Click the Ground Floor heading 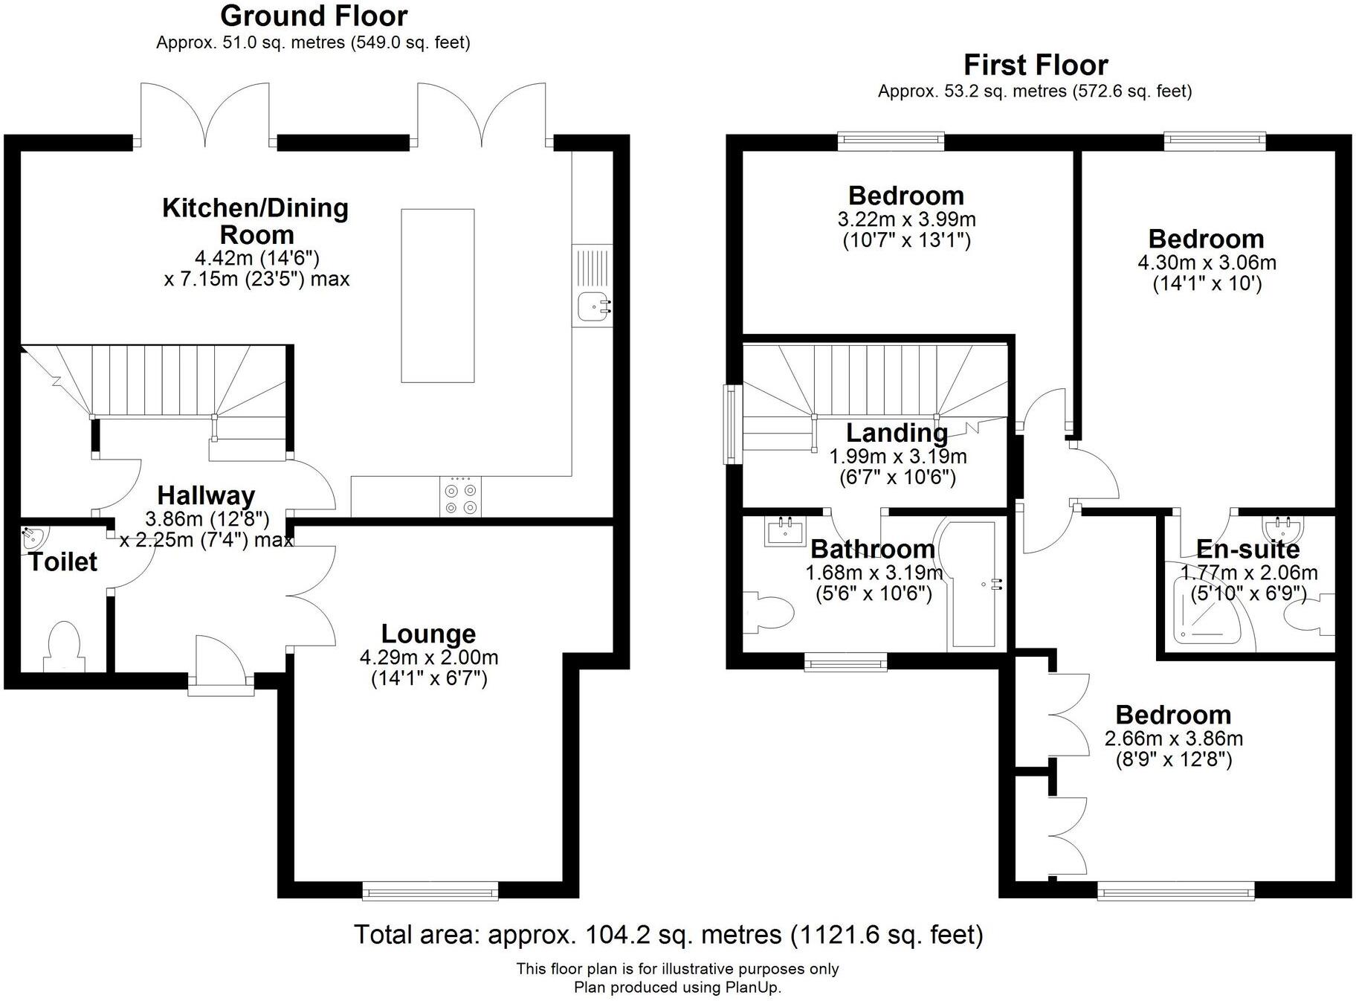point(314,16)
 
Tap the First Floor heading point(1035,65)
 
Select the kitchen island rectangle point(437,295)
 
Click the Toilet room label point(63,561)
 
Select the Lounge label point(428,634)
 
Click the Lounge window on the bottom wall point(430,890)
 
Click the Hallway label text point(206,495)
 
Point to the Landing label point(897,433)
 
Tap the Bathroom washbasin point(784,531)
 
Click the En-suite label point(1247,549)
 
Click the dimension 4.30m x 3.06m point(1207,263)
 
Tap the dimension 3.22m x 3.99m point(906,219)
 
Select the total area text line point(668,934)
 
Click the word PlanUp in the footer point(754,988)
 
